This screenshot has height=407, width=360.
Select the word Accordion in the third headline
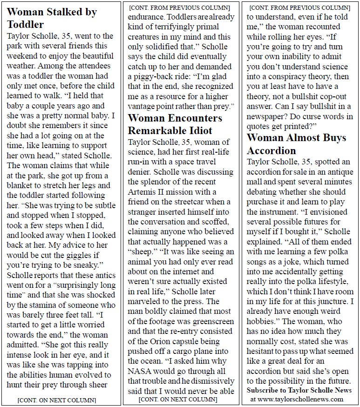click(272, 150)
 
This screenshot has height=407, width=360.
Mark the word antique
click(335, 172)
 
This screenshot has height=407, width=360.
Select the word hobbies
click(263, 321)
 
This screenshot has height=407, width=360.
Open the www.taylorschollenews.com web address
click(303, 399)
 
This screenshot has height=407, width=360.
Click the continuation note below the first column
click(57, 400)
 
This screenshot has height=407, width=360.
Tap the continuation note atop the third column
click(299, 8)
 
